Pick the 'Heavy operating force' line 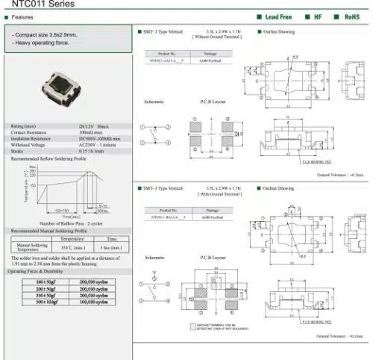coord(45,43)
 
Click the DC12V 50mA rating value coord(93,126)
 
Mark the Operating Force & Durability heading coord(43,270)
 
